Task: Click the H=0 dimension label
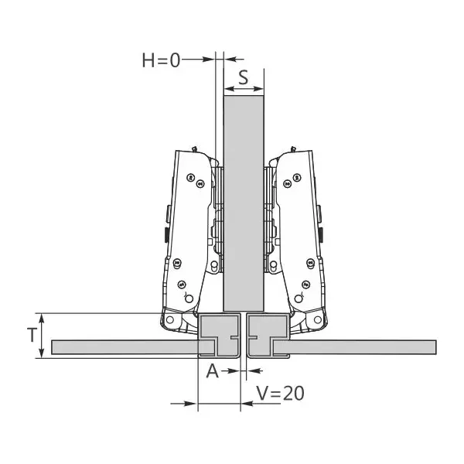tap(161, 60)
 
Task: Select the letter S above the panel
tap(244, 77)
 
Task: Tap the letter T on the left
tap(32, 336)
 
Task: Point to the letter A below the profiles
tap(213, 371)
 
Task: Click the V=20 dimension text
tap(280, 394)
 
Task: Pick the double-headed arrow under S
tap(244, 88)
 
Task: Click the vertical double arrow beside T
tap(42, 336)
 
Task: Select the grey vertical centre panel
tap(244, 203)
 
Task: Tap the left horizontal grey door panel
tap(125, 347)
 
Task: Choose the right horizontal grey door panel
tap(354, 347)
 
